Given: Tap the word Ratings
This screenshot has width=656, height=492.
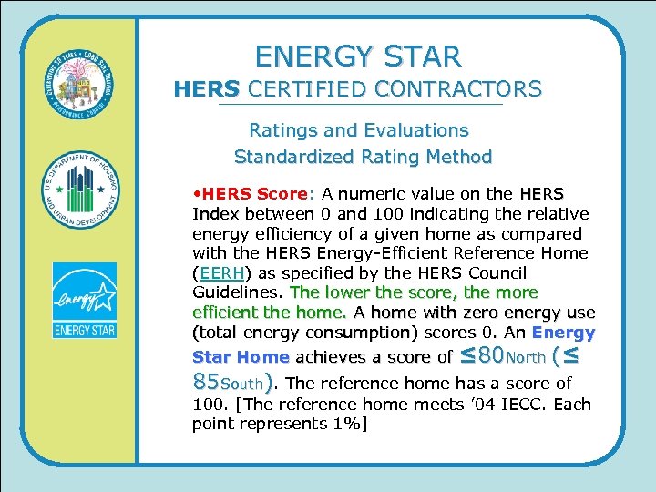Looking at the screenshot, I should click(x=282, y=130).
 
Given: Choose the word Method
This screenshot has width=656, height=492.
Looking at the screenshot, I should click(x=456, y=157).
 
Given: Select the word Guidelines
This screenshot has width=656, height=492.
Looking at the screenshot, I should click(x=237, y=292).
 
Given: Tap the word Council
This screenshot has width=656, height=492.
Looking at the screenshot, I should click(x=494, y=273).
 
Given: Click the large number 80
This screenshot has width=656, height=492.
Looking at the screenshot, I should click(x=483, y=354).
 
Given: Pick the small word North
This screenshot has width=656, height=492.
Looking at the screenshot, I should click(x=527, y=356).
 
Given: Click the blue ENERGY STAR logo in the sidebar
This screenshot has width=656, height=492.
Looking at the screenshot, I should click(x=84, y=300).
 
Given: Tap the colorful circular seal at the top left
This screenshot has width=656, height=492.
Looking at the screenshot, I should click(x=83, y=83).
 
